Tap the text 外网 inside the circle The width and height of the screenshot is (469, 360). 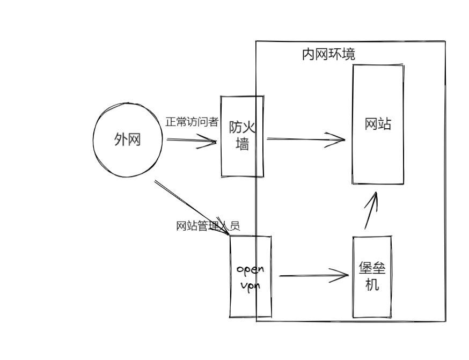point(128,141)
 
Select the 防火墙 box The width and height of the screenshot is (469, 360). point(242,161)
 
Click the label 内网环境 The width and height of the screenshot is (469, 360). point(328,55)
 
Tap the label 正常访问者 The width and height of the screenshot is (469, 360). point(192,122)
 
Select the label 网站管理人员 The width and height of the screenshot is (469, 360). point(208,226)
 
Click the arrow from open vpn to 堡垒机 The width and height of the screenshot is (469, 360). point(314,276)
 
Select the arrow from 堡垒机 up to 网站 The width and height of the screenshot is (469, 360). point(370,212)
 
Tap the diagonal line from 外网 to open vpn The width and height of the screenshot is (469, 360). point(188,205)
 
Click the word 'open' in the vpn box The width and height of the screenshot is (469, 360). point(251,268)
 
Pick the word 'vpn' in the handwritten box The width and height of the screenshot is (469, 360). point(251,285)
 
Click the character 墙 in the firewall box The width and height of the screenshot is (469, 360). point(242,144)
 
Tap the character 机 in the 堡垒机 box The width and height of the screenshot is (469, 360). point(372,284)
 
